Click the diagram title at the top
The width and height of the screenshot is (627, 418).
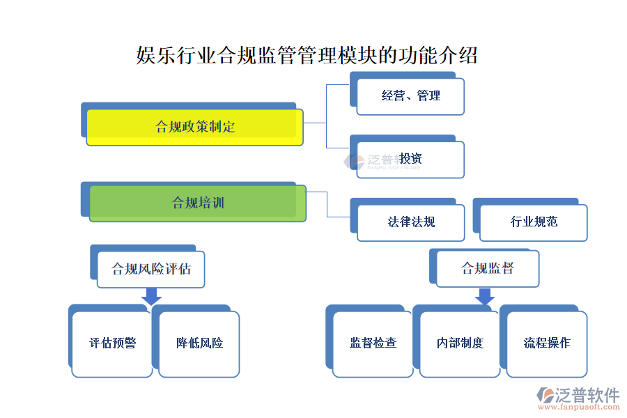click(307, 55)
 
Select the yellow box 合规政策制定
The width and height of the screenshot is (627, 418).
click(194, 127)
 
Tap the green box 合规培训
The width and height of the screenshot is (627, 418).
click(197, 203)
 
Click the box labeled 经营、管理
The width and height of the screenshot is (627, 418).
click(410, 96)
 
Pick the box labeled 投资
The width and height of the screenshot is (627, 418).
click(410, 159)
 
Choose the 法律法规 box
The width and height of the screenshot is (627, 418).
click(411, 222)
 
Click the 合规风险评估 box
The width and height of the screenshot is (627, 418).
click(150, 269)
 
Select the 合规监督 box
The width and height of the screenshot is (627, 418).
click(488, 268)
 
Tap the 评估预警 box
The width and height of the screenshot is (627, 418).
click(112, 343)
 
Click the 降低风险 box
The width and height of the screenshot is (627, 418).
click(199, 343)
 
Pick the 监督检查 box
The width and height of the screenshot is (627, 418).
click(373, 343)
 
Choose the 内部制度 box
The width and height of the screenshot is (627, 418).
click(460, 343)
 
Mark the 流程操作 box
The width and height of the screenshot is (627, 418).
click(547, 343)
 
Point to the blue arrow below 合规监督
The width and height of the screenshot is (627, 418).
click(485, 297)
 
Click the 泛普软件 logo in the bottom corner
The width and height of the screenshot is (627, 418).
click(578, 395)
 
